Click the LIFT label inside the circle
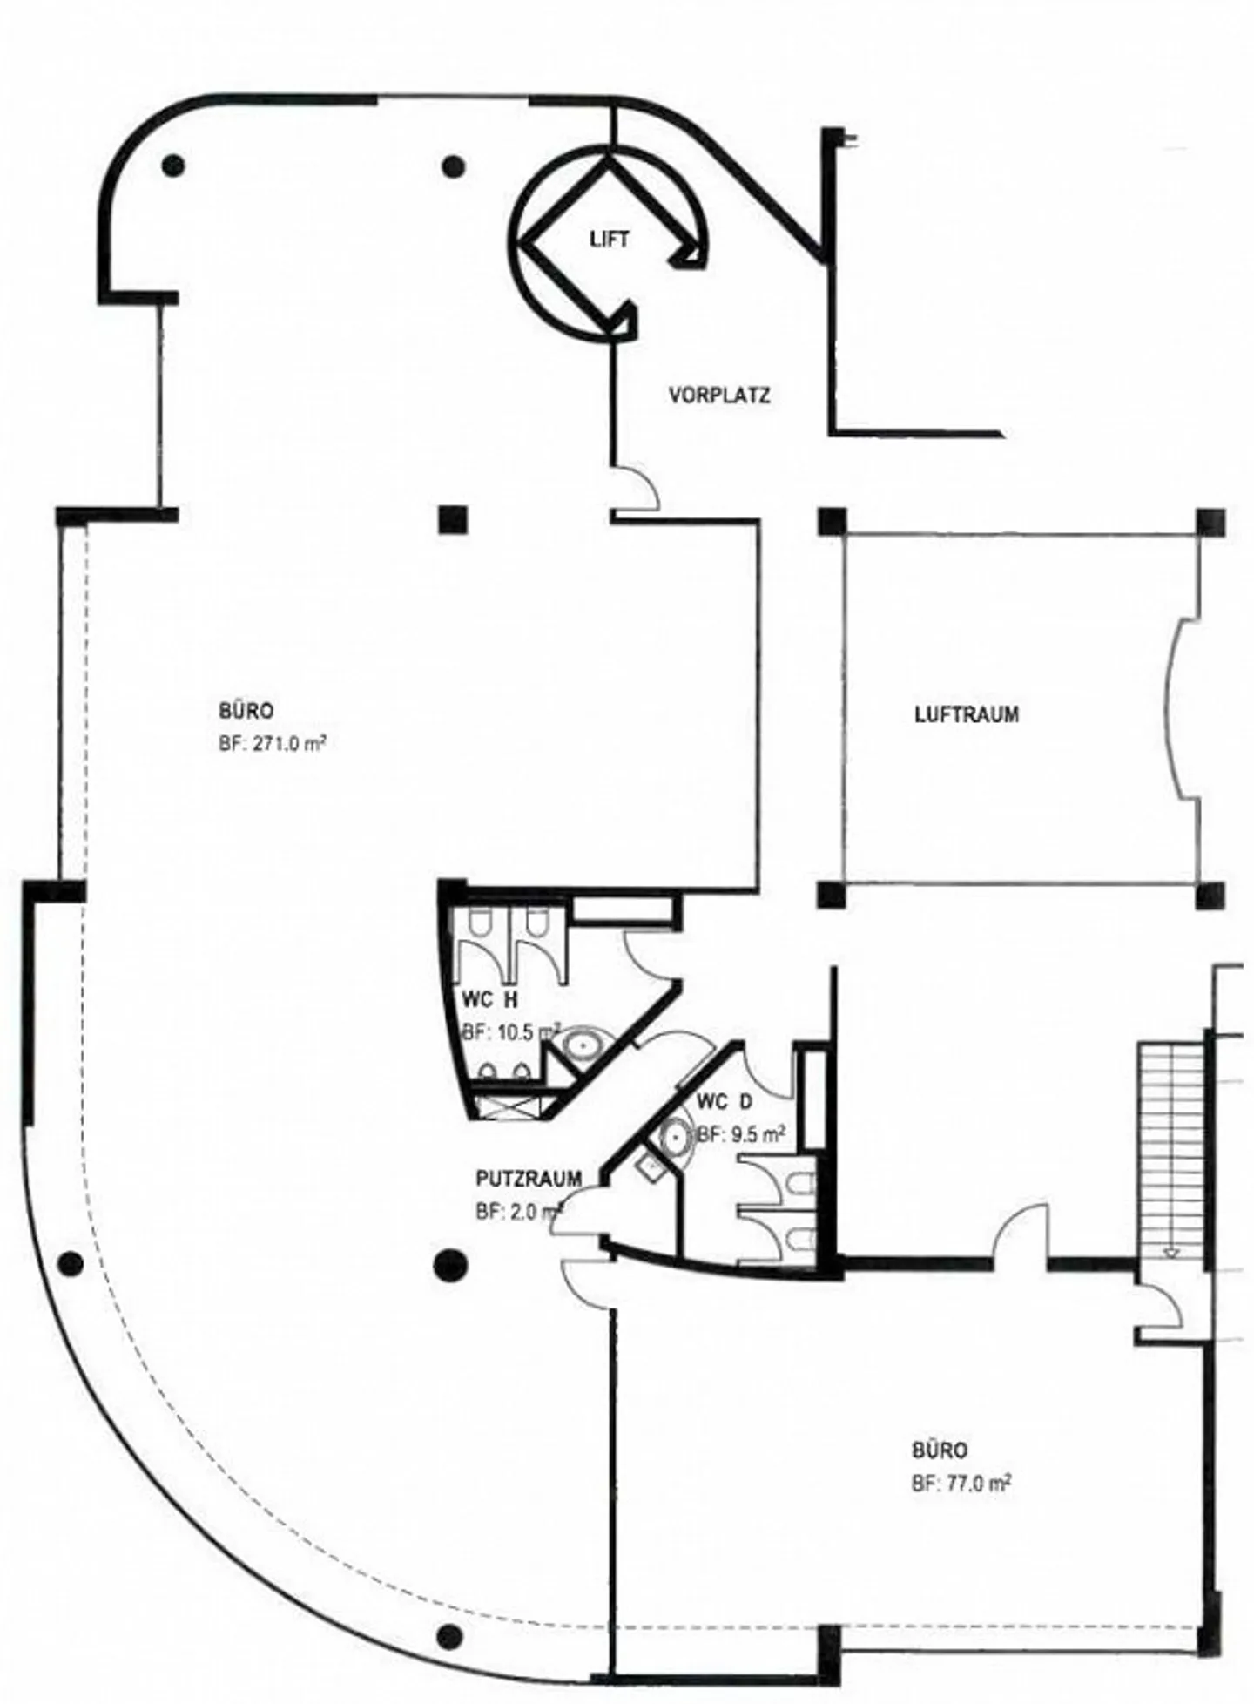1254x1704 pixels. click(609, 240)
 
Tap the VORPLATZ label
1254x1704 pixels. click(719, 396)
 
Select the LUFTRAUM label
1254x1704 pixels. click(967, 715)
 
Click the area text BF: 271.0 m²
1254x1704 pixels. click(273, 743)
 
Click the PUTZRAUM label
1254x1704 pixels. click(529, 1179)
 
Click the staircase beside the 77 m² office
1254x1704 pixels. click(1171, 1150)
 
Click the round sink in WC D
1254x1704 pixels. click(676, 1136)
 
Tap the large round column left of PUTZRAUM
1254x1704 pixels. click(449, 1264)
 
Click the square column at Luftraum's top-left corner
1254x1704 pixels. click(833, 521)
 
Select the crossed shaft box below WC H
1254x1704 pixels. click(508, 1107)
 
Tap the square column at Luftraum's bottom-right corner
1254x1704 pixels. click(1210, 895)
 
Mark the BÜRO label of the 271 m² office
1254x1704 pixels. click(246, 711)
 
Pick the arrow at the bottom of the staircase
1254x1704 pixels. click(1171, 1252)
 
